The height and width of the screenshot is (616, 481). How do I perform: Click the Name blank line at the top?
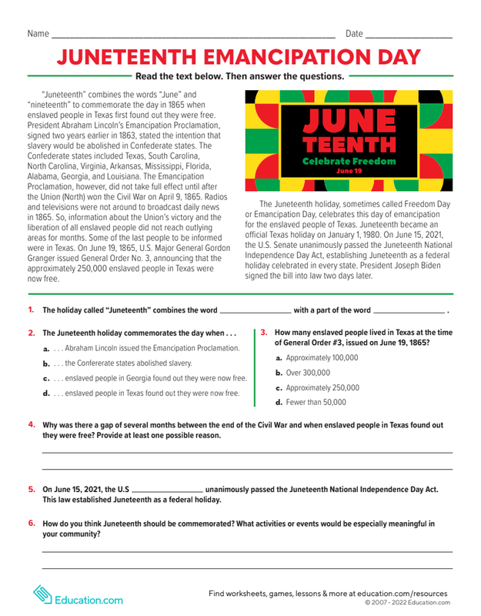point(192,36)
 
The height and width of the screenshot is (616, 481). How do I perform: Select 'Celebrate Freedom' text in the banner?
point(349,162)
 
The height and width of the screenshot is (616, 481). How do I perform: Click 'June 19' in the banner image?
point(349,171)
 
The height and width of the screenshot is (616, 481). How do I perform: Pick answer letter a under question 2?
point(46,349)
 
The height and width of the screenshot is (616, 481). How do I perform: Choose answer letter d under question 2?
point(46,393)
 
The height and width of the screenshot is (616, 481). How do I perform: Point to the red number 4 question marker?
point(32,424)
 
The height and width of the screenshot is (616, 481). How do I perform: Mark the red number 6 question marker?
point(32,524)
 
